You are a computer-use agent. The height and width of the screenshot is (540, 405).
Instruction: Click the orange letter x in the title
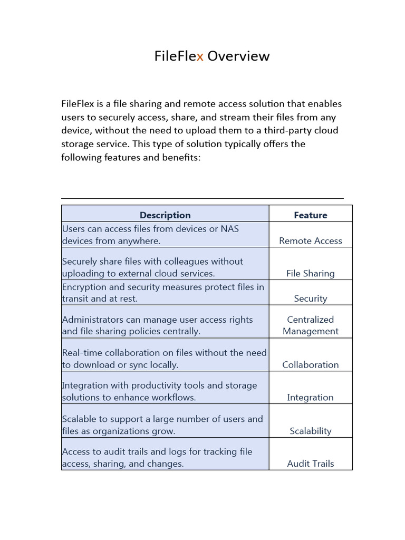[200, 56]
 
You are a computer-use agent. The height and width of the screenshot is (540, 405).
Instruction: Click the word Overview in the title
[238, 56]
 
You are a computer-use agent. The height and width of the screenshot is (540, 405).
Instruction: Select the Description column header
[165, 215]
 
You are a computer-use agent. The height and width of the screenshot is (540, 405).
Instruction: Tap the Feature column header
[311, 215]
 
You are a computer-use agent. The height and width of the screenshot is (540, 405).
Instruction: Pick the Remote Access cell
[311, 240]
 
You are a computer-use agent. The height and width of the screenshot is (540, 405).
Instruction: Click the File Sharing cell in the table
[311, 273]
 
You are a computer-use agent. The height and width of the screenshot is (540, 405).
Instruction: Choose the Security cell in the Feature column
[311, 298]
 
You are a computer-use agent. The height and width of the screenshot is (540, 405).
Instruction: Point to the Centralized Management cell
[311, 325]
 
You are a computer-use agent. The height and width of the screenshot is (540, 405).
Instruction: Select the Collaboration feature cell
[311, 364]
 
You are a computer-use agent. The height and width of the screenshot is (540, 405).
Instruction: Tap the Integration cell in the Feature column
[311, 398]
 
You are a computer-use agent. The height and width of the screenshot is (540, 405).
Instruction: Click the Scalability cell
[311, 431]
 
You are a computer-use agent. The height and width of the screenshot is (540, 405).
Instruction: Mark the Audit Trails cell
[311, 464]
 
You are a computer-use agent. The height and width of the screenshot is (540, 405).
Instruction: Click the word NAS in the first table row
[230, 229]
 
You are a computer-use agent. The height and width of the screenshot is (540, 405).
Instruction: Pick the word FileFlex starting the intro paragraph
[78, 104]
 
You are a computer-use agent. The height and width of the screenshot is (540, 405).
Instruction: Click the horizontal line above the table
[202, 199]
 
